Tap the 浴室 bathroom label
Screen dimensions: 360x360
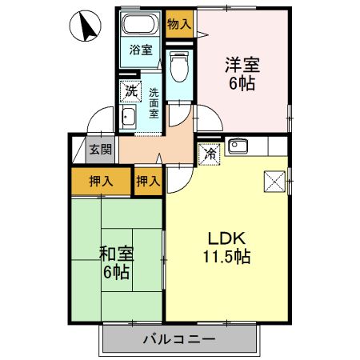142,50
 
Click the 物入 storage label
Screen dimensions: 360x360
179,25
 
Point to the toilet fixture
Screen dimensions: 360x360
180,63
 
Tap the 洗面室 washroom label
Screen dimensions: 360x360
154,103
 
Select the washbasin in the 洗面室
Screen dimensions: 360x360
128,119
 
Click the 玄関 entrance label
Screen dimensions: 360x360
101,150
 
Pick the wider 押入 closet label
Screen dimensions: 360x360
100,181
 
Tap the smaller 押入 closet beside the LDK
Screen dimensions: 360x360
147,181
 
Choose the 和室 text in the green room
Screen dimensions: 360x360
117,254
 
